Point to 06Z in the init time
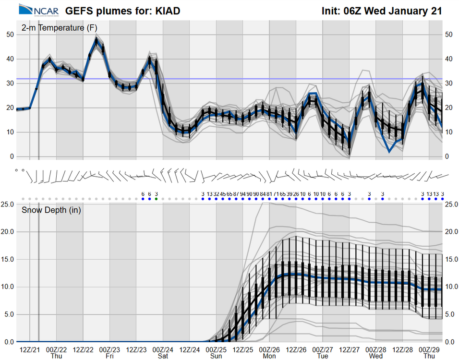(354, 10)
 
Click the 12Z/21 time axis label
(30, 349)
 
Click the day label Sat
(163, 356)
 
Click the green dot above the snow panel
(156, 199)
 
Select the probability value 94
(243, 193)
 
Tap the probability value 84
(263, 193)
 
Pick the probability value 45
(223, 193)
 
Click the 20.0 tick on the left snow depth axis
(10, 232)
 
